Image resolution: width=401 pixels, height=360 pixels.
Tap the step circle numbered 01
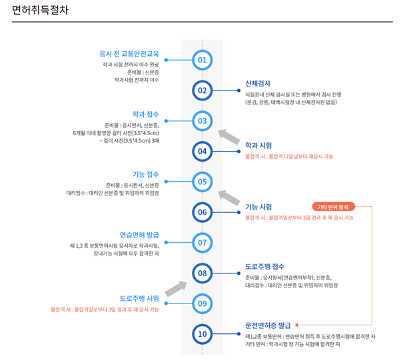tap(202, 60)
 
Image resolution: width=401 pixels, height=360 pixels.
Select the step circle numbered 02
tap(202, 90)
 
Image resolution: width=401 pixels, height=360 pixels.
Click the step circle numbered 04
tap(202, 151)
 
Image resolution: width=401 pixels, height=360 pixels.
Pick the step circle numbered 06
tap(202, 212)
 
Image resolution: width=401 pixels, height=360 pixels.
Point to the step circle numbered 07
tap(202, 242)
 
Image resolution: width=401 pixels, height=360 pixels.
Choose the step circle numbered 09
tap(202, 303)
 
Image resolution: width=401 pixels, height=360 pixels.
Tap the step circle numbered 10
tap(202, 333)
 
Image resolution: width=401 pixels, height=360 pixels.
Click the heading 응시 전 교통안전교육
tap(129, 53)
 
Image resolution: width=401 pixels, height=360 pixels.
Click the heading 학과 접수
tap(146, 114)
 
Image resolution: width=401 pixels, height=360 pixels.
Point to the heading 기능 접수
tap(146, 174)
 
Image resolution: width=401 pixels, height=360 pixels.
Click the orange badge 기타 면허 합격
tap(336, 206)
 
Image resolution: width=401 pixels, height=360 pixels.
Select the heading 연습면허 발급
tap(139, 235)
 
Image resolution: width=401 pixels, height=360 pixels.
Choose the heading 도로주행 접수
tap(265, 266)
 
